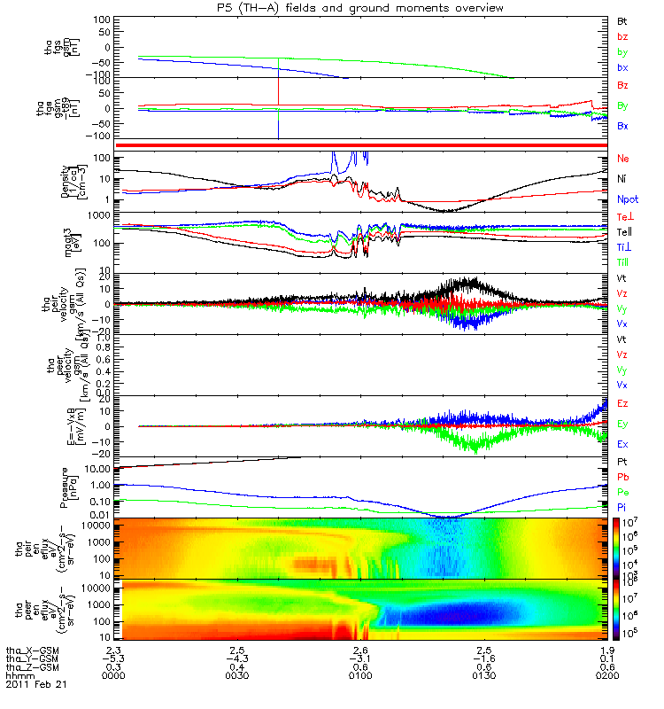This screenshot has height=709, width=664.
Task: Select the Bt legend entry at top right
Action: pyautogui.click(x=622, y=20)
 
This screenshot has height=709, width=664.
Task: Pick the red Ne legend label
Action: pyautogui.click(x=622, y=159)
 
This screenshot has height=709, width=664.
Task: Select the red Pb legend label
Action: pyautogui.click(x=622, y=479)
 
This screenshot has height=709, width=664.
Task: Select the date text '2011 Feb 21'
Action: pyautogui.click(x=35, y=685)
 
